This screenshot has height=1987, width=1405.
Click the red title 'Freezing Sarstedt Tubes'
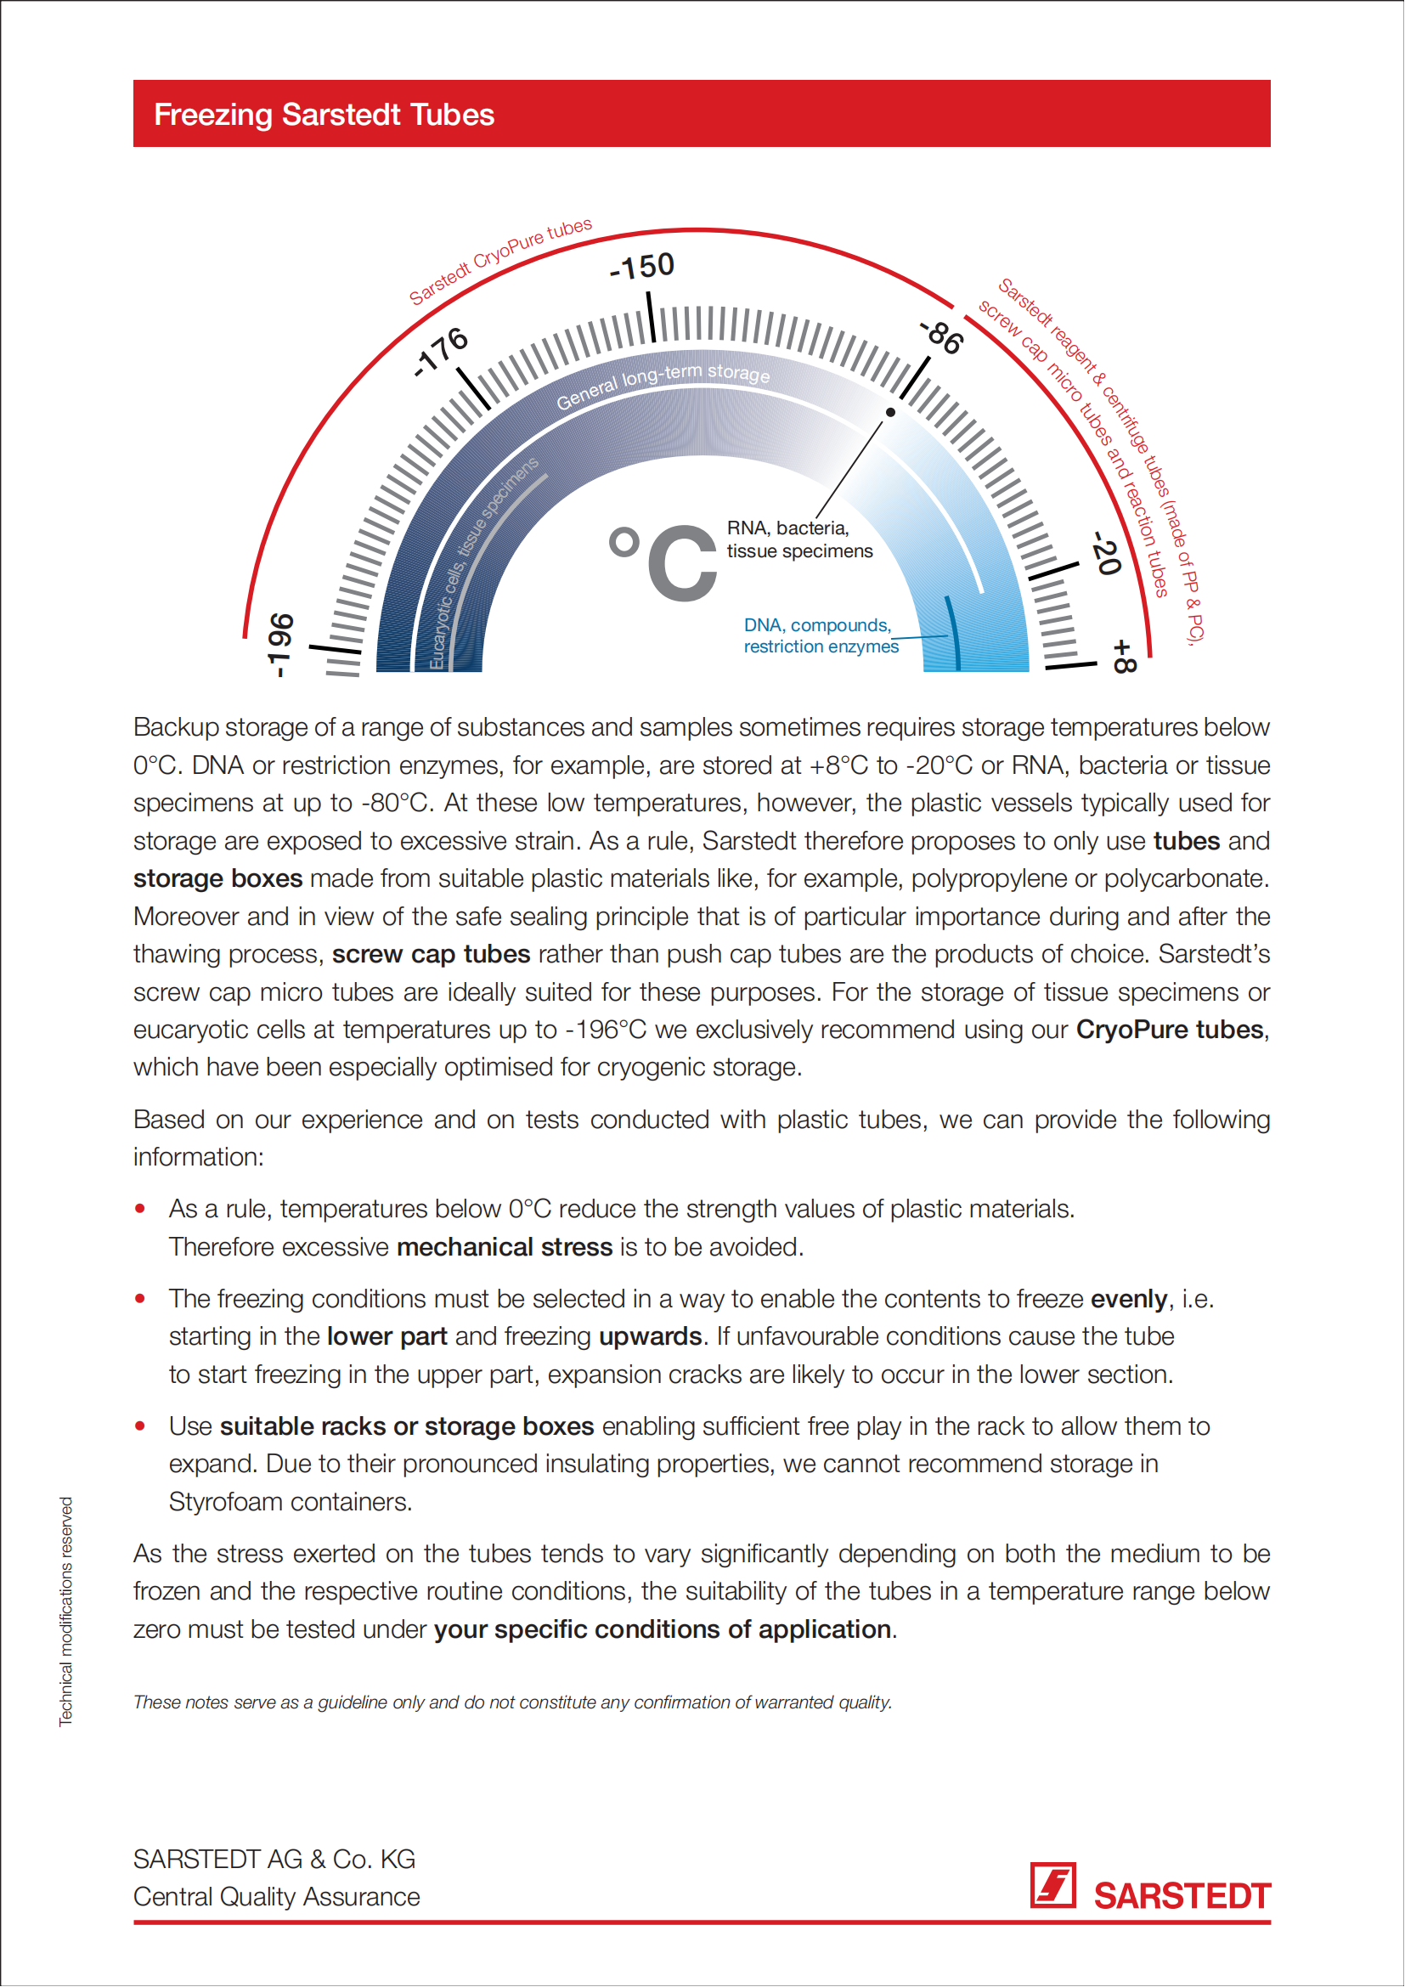point(324,114)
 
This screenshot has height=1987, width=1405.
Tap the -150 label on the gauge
point(642,267)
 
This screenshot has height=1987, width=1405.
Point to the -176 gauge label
point(441,352)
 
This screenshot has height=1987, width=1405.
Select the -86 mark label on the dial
point(941,336)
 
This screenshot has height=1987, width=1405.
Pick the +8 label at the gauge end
point(1123,657)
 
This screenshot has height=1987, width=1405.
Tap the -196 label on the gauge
point(281,645)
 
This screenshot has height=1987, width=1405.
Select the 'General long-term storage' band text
point(663,384)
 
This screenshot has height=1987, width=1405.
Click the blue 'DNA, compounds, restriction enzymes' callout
point(821,636)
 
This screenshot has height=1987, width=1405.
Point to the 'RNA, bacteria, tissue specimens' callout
point(799,539)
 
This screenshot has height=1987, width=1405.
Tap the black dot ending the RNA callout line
point(890,413)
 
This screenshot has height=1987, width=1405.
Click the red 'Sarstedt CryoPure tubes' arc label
point(500,262)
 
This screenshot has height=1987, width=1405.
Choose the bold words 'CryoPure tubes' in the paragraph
point(1171,1030)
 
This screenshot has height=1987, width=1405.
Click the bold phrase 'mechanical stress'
point(505,1247)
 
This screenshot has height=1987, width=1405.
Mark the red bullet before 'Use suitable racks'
point(140,1426)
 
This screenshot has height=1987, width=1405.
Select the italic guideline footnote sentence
point(512,1702)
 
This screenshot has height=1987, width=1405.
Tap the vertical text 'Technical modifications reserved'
point(65,1612)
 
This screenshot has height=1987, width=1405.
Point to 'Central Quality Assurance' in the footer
point(276,1897)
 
